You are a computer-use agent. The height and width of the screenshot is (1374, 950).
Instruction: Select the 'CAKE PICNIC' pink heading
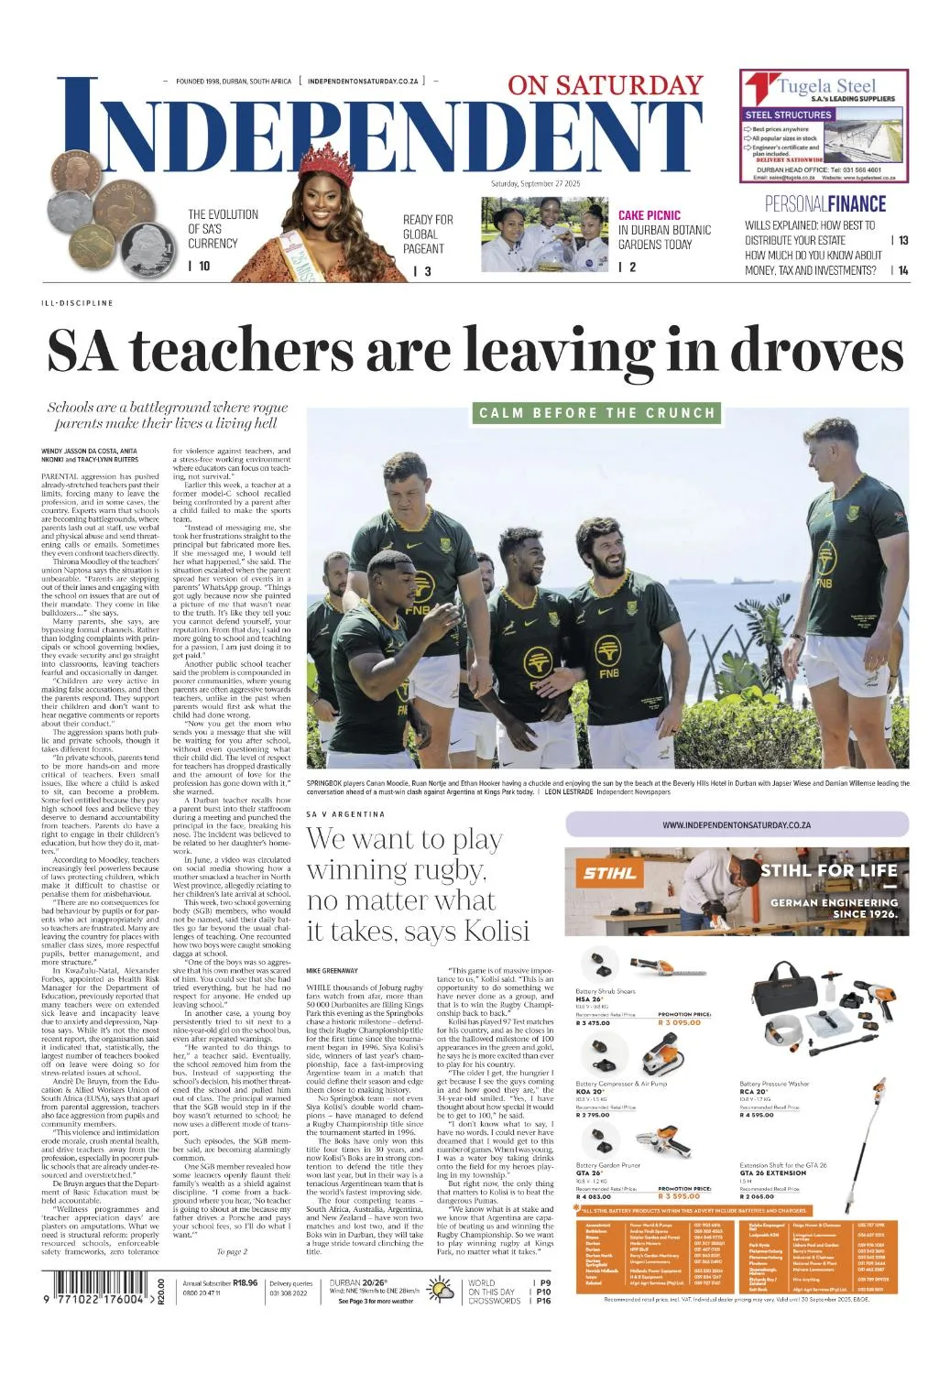tap(649, 215)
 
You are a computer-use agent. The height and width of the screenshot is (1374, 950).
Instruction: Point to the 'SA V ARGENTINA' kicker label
tap(345, 813)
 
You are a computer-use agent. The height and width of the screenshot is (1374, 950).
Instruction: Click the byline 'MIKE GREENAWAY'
tap(332, 969)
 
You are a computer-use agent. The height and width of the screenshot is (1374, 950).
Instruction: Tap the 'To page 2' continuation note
tap(232, 1251)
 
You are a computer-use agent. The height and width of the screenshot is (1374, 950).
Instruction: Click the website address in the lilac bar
tap(736, 825)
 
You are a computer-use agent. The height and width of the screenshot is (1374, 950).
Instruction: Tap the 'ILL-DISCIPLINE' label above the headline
tap(77, 302)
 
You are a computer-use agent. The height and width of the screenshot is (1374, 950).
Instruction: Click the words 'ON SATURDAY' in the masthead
tap(605, 85)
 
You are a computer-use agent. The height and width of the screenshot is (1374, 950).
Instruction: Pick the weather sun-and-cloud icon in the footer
tap(442, 1292)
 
